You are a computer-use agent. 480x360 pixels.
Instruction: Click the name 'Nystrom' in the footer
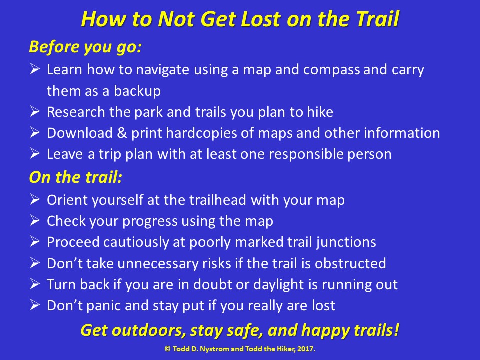(x=218, y=348)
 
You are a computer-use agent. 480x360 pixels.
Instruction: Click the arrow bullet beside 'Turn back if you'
(x=34, y=284)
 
